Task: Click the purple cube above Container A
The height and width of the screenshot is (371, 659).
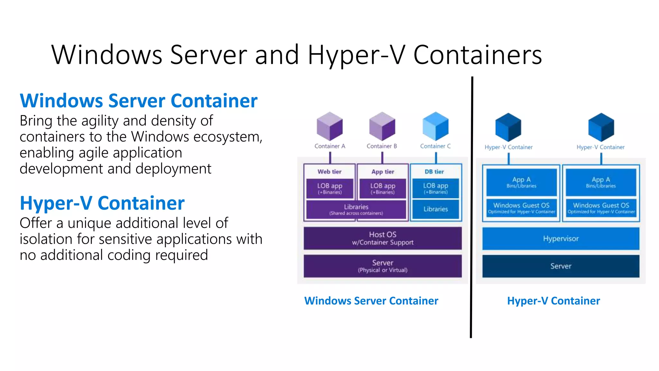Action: [x=329, y=126]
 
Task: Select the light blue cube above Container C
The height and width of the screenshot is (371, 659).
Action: [x=435, y=126]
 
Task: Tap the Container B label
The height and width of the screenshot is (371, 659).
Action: [x=382, y=146]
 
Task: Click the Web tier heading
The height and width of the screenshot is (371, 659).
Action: [x=329, y=172]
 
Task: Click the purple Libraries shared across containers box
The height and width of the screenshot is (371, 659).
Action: [x=356, y=209]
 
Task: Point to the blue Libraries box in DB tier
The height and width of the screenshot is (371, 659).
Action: [x=435, y=209]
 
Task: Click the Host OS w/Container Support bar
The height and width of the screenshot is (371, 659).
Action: [x=383, y=238]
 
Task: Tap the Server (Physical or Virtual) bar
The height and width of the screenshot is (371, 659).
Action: [x=383, y=266]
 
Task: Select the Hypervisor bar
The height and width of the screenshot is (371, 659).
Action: [x=561, y=239]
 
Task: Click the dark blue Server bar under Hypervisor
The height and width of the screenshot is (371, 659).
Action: [x=561, y=266]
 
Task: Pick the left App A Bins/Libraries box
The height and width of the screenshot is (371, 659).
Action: [x=521, y=182]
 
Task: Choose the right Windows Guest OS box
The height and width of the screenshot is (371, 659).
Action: [x=601, y=208]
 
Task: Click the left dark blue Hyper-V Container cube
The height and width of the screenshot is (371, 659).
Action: [x=508, y=127]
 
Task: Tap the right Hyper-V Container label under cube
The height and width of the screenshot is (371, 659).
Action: [x=600, y=147]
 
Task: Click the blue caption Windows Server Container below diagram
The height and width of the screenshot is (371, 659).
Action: [x=371, y=301]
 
